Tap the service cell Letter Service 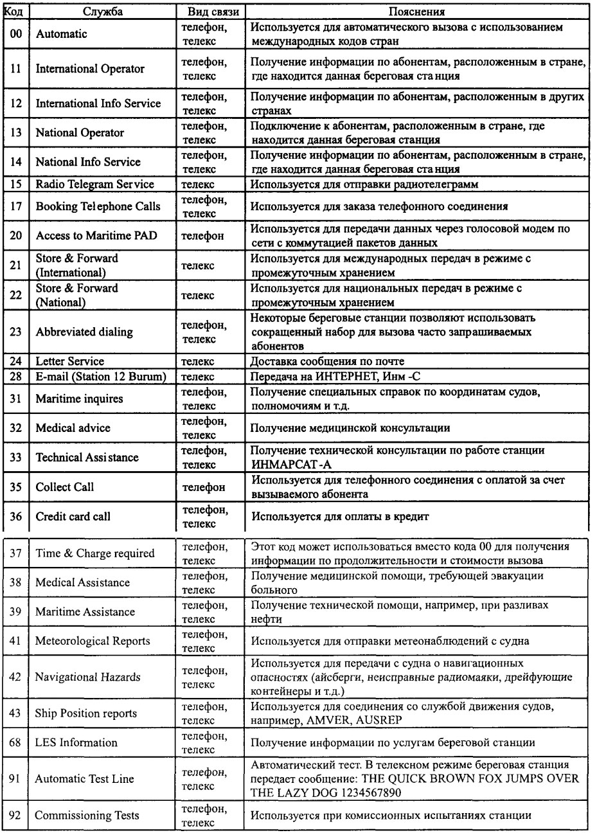69,361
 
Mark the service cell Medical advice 72,428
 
